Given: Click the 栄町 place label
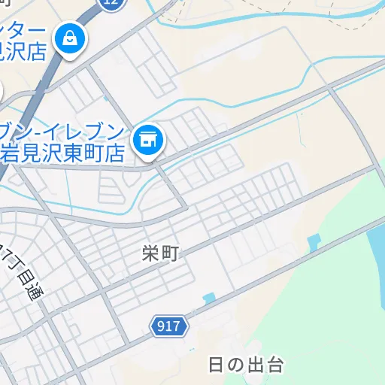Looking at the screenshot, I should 159,254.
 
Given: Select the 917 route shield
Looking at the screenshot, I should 169,326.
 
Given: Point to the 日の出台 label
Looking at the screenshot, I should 245,366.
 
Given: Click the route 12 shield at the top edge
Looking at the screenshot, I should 111,3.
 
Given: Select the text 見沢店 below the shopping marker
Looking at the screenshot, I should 23,52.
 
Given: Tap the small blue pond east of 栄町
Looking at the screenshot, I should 314,242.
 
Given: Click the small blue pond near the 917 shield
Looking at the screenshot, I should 208,299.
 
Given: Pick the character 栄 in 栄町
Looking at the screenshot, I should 150,254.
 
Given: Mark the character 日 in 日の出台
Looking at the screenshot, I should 216,366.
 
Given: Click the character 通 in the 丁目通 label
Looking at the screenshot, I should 35,294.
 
